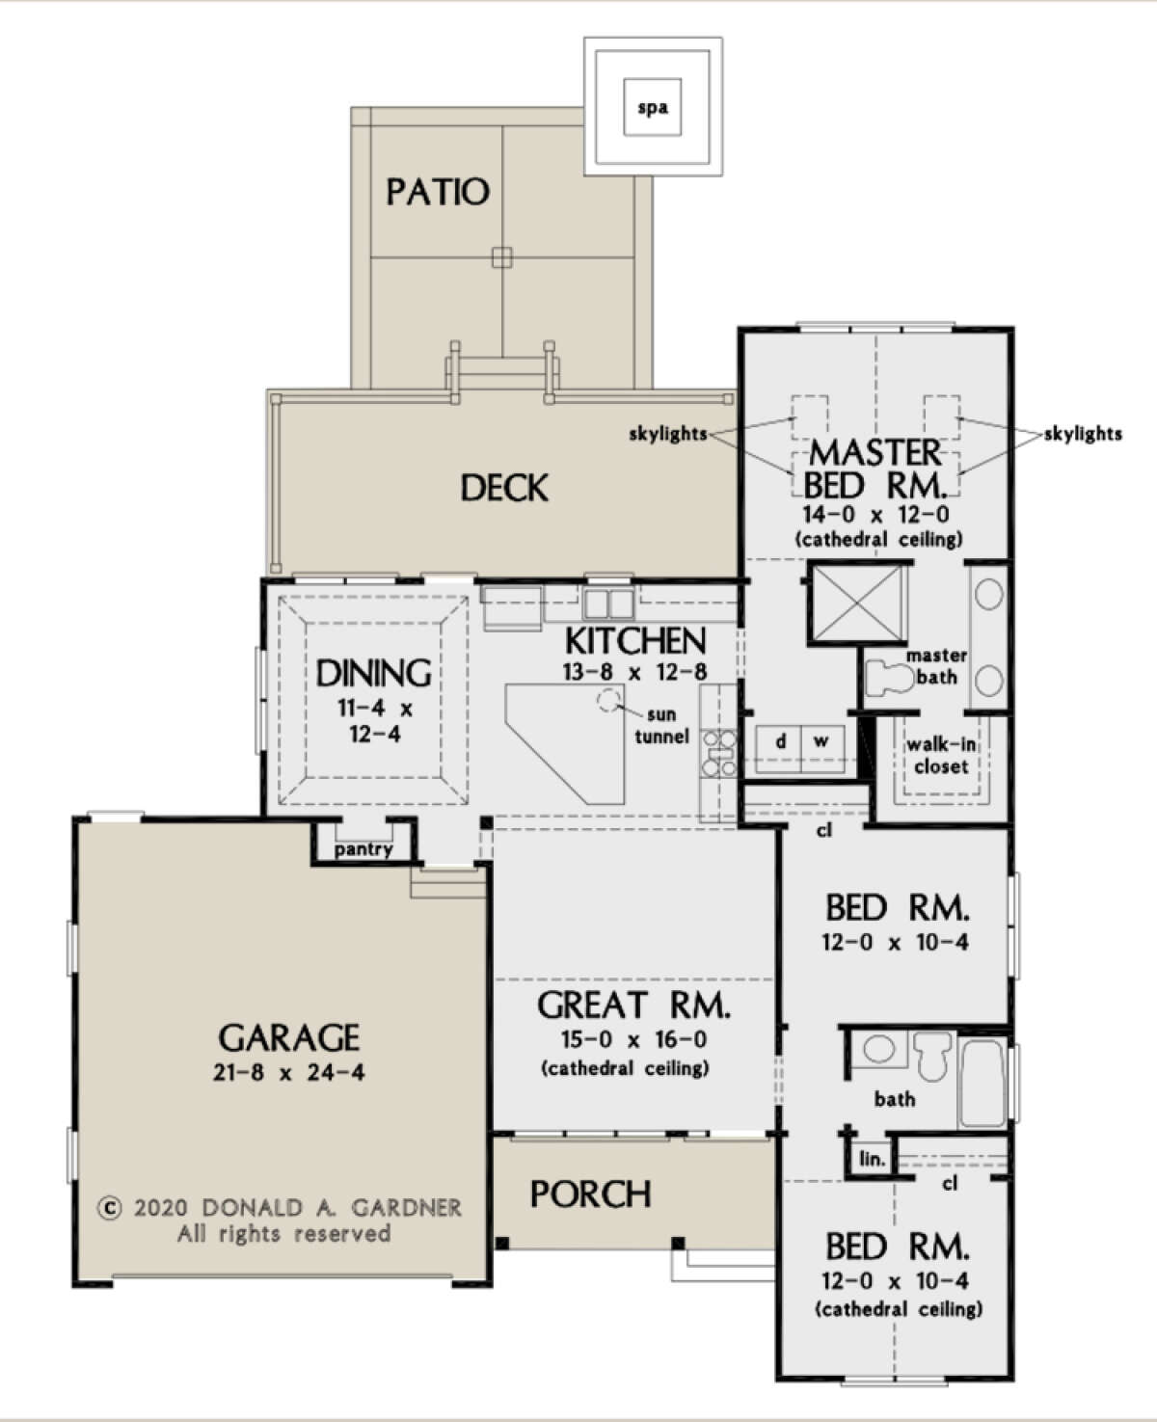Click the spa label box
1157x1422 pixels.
[653, 107]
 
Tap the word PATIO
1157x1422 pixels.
[438, 192]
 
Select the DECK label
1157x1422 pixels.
[504, 488]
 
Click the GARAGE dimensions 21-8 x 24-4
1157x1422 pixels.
[289, 1072]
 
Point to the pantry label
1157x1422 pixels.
[363, 849]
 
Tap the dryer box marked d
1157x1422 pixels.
[781, 741]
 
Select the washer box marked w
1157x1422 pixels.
[821, 741]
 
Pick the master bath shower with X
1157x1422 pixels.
[857, 604]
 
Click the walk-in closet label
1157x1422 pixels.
[941, 756]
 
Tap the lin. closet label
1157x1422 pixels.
[872, 1159]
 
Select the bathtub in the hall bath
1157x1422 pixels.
[982, 1080]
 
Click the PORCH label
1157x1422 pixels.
[591, 1194]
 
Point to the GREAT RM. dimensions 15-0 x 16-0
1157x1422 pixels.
[633, 1039]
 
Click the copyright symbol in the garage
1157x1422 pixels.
[111, 1208]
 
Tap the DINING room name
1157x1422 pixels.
[374, 673]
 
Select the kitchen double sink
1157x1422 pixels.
[608, 604]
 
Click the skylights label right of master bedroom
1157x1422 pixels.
[1083, 434]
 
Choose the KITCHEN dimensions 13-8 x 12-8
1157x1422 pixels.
[634, 672]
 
